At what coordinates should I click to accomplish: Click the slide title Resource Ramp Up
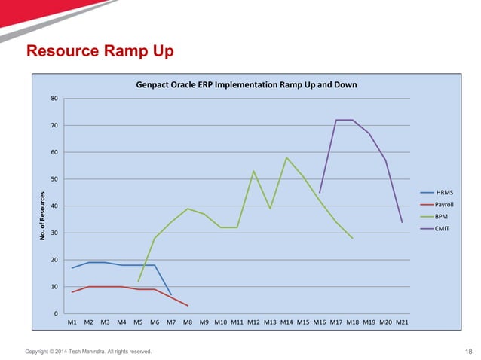100,52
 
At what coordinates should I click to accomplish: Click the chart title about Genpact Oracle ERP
246,84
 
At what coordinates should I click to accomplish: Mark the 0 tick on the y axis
57,313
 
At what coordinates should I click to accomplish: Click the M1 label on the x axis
72,322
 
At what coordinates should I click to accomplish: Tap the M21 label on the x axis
403,322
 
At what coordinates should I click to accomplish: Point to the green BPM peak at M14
286,157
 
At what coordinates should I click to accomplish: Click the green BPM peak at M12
253,171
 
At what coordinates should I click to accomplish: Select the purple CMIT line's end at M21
402,222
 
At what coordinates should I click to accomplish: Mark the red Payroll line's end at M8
188,305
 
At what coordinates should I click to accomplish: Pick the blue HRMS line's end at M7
171,294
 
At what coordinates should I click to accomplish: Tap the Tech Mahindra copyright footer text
88,351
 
